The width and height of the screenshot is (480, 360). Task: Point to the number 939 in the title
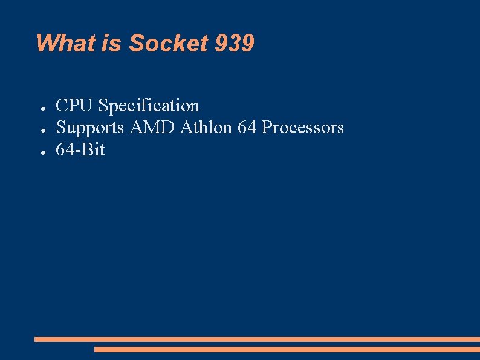click(235, 44)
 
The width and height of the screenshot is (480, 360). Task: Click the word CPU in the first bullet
click(75, 106)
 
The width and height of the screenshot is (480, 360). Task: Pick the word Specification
click(149, 106)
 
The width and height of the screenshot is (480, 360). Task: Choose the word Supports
click(90, 128)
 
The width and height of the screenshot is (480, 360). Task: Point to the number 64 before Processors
click(247, 128)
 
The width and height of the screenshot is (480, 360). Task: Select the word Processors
click(303, 128)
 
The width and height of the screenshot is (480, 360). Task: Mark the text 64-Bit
click(80, 149)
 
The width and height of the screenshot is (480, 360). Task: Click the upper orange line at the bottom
click(257, 339)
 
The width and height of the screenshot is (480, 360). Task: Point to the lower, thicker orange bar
click(287, 349)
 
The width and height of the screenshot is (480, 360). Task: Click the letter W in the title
click(47, 44)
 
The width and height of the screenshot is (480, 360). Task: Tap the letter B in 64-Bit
click(86, 149)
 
